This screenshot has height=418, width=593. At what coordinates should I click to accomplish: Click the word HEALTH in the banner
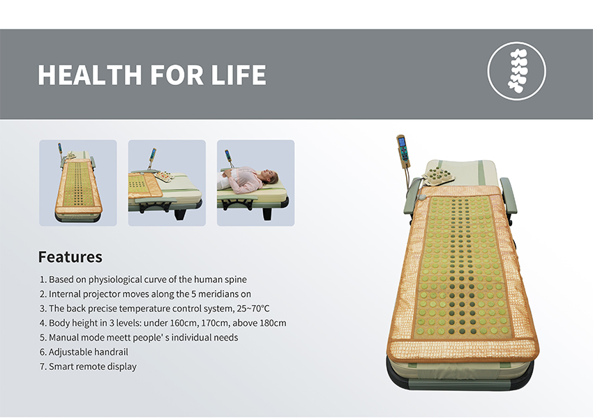click(x=89, y=75)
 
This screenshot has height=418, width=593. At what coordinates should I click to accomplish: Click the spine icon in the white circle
click(x=517, y=70)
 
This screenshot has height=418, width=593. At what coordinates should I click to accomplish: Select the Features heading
click(x=70, y=257)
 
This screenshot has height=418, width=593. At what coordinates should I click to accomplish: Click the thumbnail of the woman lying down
click(x=255, y=183)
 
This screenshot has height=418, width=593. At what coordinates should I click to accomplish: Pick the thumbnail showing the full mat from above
click(x=78, y=183)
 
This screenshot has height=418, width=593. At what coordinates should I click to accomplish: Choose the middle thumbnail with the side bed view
click(x=167, y=183)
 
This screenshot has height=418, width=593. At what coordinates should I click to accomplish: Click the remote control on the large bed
click(x=403, y=150)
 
